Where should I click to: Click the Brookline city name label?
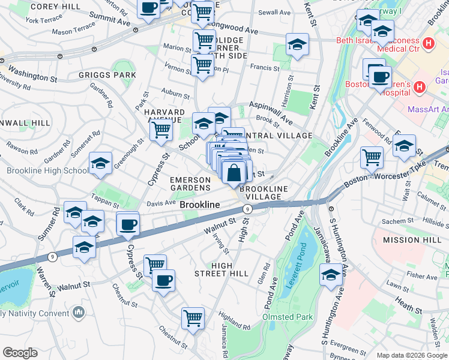[x=200, y=205]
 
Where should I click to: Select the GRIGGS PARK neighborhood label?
[x=107, y=76]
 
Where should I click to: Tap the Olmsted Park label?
[x=288, y=316]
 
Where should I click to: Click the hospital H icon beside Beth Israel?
[x=428, y=43]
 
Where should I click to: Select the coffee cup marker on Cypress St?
[x=128, y=225]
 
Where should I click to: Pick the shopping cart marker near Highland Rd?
[x=193, y=318]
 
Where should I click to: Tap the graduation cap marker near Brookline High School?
[x=100, y=164]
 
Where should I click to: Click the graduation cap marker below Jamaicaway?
[x=331, y=276]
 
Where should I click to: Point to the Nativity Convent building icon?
[x=79, y=313]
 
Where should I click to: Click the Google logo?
[x=20, y=353]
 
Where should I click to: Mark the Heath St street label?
[x=409, y=307]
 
